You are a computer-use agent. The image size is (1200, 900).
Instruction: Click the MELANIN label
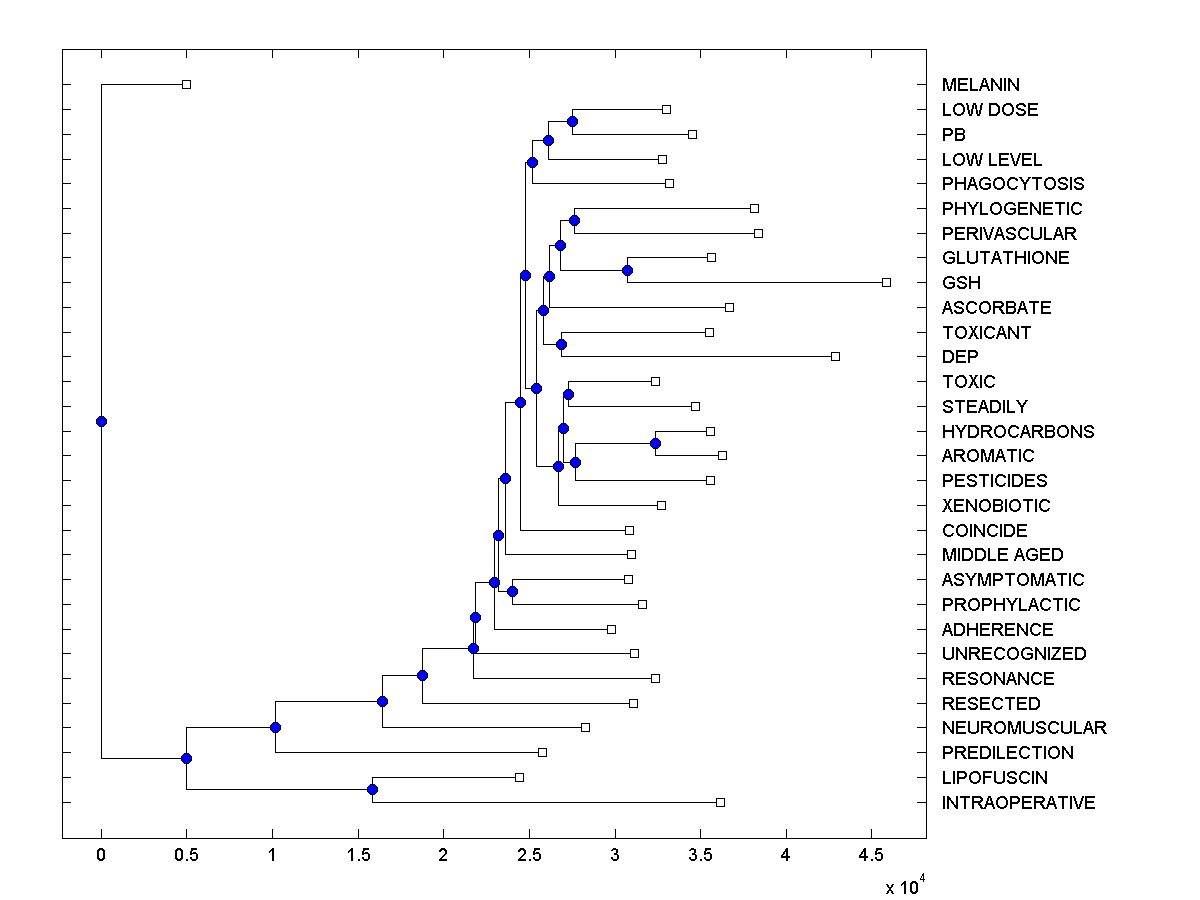pos(980,85)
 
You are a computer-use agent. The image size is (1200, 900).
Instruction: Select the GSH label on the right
pos(961,283)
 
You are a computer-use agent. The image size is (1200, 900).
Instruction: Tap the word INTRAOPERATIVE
pos(1018,803)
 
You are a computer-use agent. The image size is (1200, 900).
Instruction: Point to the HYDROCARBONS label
pos(1018,432)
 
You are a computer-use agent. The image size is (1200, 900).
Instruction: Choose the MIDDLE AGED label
pos(1002,555)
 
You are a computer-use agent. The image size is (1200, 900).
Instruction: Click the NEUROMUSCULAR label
pos(1024,728)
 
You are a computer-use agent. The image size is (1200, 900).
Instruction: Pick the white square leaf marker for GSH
pos(886,282)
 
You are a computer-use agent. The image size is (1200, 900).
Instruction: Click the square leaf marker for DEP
pos(836,356)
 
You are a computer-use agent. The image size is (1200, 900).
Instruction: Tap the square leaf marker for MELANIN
pos(186,84)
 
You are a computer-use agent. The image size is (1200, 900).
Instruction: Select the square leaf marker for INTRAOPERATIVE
pos(720,802)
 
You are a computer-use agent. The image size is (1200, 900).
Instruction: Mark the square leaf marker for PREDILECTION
pos(543,752)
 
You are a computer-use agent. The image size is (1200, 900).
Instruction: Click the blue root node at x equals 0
pos(101,421)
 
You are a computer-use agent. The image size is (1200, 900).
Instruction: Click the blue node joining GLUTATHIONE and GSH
pos(628,270)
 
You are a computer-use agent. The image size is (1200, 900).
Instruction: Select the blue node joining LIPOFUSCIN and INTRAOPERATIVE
pos(372,789)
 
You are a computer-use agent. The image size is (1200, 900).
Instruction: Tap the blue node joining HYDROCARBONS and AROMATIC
pos(656,443)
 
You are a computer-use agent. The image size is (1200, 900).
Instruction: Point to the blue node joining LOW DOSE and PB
pos(572,121)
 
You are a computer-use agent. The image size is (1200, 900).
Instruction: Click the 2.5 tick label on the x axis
pos(529,856)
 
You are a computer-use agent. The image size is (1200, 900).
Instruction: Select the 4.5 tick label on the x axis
pos(871,856)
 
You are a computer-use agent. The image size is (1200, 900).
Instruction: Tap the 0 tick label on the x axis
pos(101,856)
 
